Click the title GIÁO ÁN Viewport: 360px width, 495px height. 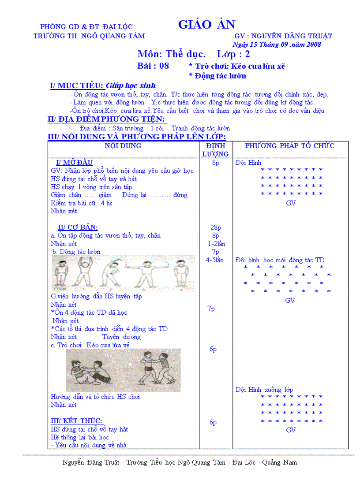206,25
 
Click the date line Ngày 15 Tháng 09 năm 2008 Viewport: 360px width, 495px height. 277,44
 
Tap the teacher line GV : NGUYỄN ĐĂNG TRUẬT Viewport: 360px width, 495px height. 283,36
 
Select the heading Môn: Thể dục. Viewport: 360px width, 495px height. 171,54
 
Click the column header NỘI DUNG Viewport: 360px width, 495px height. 123,146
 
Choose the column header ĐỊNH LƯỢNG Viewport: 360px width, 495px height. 215,150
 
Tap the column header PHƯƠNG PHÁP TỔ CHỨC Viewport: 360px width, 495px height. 290,146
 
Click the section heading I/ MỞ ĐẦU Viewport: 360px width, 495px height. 75,163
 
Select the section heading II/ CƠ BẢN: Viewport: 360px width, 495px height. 78,227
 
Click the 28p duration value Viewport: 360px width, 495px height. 216,227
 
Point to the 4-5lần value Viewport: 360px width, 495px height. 214,260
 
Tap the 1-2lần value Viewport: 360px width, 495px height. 216,244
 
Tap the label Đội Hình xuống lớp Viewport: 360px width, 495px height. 264,390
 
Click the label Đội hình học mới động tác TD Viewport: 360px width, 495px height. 280,260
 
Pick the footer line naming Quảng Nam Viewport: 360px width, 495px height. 180,462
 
